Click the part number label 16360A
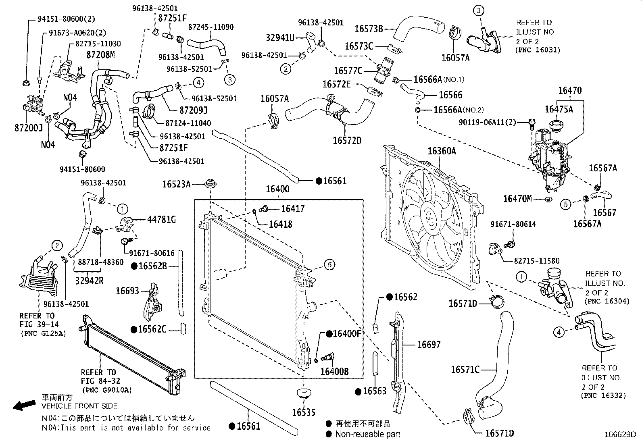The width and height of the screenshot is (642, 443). (x=442, y=151)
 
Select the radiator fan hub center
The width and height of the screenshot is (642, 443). (x=430, y=218)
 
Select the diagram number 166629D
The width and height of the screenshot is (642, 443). (x=619, y=435)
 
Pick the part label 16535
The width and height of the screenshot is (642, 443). (x=303, y=412)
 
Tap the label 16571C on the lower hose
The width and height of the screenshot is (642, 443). (x=465, y=369)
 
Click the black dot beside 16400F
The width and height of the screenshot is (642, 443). (x=329, y=334)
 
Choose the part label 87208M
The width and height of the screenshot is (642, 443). (x=100, y=54)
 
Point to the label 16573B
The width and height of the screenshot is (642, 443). (x=369, y=29)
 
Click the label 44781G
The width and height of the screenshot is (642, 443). (x=161, y=220)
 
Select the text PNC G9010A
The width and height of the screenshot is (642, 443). (x=106, y=390)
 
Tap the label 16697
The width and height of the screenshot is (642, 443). (x=429, y=345)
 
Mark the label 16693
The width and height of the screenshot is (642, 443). (x=127, y=291)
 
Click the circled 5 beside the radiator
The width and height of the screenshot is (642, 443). (x=329, y=265)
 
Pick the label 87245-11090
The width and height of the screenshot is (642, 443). (x=211, y=27)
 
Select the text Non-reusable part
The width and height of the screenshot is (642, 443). (x=368, y=434)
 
